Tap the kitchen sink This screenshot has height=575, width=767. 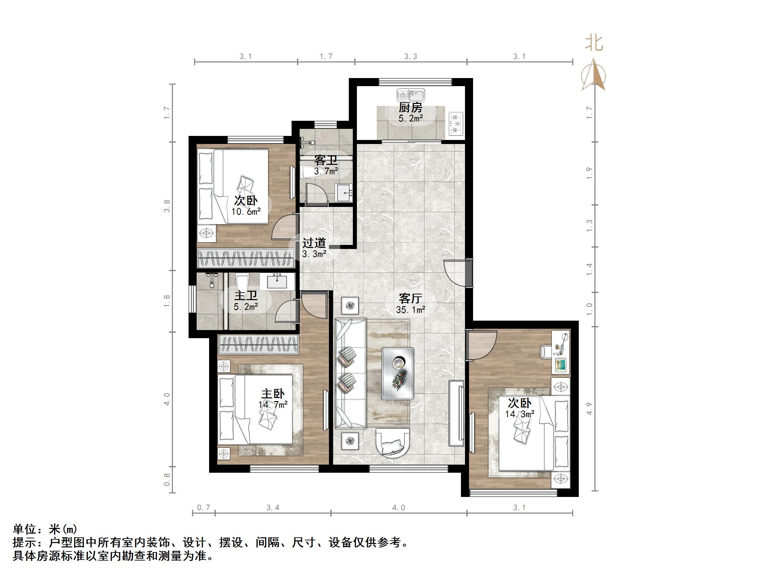coord(410,95)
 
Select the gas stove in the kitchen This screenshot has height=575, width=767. coord(456,123)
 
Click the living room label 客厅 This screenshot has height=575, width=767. coord(410,298)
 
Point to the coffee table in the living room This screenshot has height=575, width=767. coord(398,373)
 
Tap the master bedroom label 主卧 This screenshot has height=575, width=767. coord(272,394)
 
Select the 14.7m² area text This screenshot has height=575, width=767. coord(272,404)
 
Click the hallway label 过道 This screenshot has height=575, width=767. coord(314,243)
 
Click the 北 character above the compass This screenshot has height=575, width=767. coord(594,44)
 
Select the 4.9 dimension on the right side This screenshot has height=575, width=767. coord(590,409)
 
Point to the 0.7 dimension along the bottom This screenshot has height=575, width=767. coord(204,508)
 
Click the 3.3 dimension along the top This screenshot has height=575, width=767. coord(410,57)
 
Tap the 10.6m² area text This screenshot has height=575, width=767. coord(246,211)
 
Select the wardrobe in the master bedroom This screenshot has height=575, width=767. coord(258,345)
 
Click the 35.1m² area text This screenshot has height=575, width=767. coord(410,310)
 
